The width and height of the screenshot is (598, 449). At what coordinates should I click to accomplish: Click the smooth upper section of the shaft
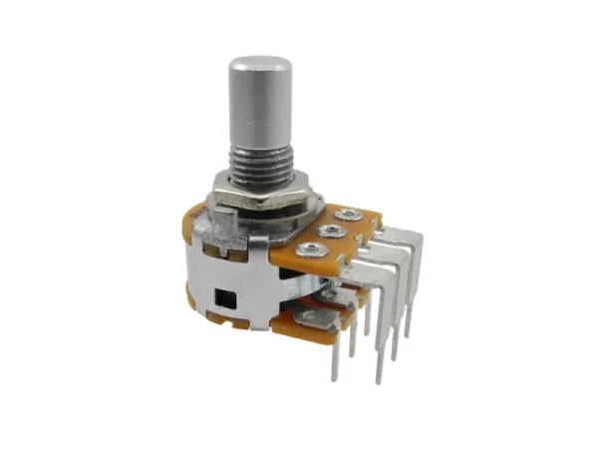[x=260, y=100]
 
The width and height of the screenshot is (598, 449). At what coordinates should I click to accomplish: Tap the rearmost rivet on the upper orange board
[x=350, y=214]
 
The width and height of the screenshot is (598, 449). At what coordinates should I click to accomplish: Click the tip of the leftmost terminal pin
[x=334, y=378]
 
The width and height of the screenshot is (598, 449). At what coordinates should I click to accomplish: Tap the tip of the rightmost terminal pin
[x=408, y=333]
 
